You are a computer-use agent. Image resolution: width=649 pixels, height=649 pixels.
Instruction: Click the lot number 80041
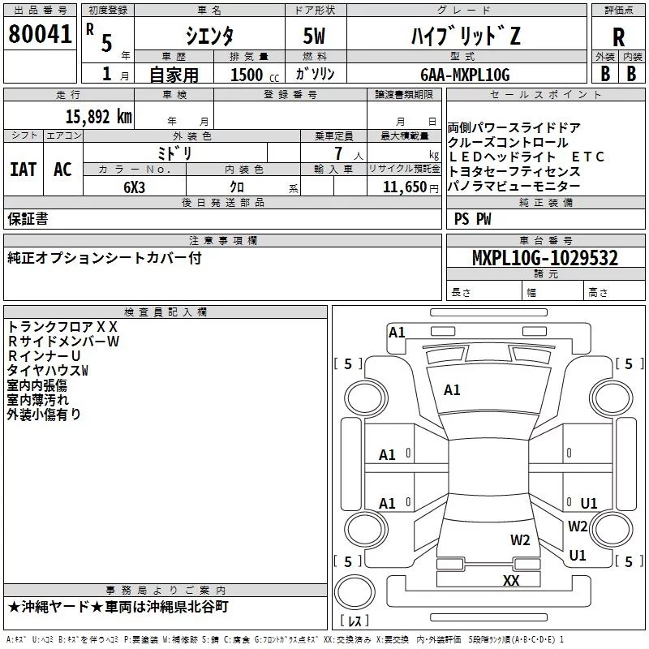click(40, 34)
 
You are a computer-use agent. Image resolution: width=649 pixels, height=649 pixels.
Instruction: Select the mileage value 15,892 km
click(99, 117)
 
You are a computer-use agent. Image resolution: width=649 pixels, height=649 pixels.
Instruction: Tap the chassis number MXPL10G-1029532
click(545, 258)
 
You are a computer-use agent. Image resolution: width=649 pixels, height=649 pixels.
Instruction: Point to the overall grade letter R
click(618, 37)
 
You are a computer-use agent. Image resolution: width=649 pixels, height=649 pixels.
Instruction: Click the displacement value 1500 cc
click(255, 75)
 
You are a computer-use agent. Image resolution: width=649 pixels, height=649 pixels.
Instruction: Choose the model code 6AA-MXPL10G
click(465, 75)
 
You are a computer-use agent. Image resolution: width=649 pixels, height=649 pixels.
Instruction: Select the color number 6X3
click(134, 187)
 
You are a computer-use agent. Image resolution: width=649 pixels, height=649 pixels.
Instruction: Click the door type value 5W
click(314, 36)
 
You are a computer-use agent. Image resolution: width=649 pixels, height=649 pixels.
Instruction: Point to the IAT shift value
click(24, 170)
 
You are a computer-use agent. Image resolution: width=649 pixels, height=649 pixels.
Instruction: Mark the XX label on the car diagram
click(511, 580)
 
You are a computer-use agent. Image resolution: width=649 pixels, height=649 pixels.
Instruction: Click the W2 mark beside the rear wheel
click(578, 526)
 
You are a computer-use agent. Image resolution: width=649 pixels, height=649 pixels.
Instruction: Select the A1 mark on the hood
click(452, 390)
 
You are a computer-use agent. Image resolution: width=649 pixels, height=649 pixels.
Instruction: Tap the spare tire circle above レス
click(355, 592)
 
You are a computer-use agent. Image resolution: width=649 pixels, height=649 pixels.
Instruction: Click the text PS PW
click(472, 219)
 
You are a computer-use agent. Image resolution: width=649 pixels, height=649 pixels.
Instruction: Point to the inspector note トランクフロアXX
click(62, 327)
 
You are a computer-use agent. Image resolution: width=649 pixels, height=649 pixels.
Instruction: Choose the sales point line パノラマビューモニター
click(514, 187)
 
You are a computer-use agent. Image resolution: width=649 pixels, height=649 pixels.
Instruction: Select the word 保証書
click(28, 218)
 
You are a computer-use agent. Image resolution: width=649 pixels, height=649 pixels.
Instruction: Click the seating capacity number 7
click(338, 153)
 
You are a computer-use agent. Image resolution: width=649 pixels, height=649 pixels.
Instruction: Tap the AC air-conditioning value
click(62, 170)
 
